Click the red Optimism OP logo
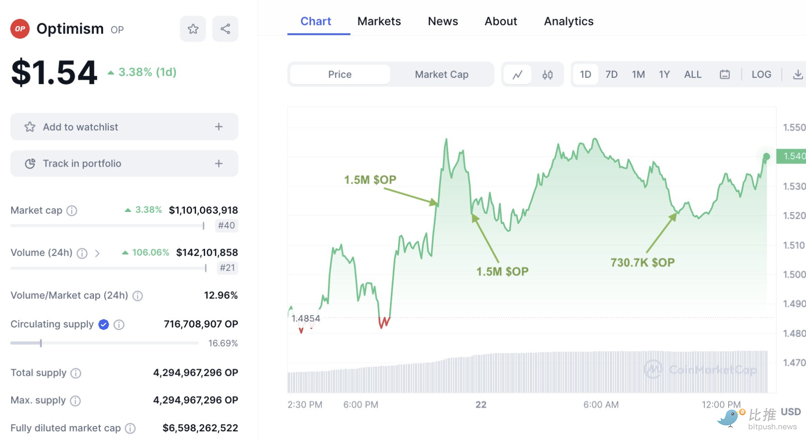pyautogui.click(x=20, y=29)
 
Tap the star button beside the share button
pyautogui.click(x=193, y=29)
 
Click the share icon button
pyautogui.click(x=225, y=29)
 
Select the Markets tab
pyautogui.click(x=379, y=21)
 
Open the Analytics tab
pyautogui.click(x=568, y=21)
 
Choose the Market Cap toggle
pyautogui.click(x=441, y=75)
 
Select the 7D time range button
pyautogui.click(x=611, y=75)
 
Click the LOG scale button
pyautogui.click(x=761, y=75)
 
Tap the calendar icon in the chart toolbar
pyautogui.click(x=725, y=75)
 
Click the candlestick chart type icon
pyautogui.click(x=548, y=75)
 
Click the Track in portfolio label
pyautogui.click(x=82, y=163)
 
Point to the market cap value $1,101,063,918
pyautogui.click(x=203, y=210)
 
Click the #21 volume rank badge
pyautogui.click(x=227, y=268)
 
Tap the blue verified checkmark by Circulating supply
pyautogui.click(x=103, y=324)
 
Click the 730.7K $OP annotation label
pyautogui.click(x=642, y=262)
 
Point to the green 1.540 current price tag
pyautogui.click(x=793, y=156)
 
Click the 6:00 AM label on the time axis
pyautogui.click(x=601, y=405)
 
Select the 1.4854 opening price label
pyautogui.click(x=306, y=318)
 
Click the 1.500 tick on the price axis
pyautogui.click(x=794, y=275)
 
